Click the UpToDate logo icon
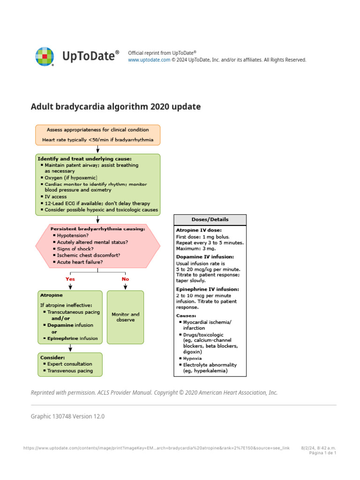point(45,56)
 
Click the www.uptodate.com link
point(149,60)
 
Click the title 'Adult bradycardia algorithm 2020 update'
point(115,107)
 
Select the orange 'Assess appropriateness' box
point(98,135)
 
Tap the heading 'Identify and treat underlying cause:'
point(84,159)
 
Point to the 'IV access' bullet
point(56,197)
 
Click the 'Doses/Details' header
point(210,219)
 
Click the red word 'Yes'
point(70,279)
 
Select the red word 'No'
point(125,279)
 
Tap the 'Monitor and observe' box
point(125,317)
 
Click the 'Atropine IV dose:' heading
point(199,230)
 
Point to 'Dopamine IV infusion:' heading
point(205,257)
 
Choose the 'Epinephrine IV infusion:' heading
point(207,289)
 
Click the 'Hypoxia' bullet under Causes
point(193,358)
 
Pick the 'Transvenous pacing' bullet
point(70,371)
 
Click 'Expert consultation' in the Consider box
point(70,364)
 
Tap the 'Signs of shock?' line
point(75,248)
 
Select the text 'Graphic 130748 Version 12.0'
point(67,416)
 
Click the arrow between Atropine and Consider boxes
point(70,347)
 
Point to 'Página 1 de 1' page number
point(323,453)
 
